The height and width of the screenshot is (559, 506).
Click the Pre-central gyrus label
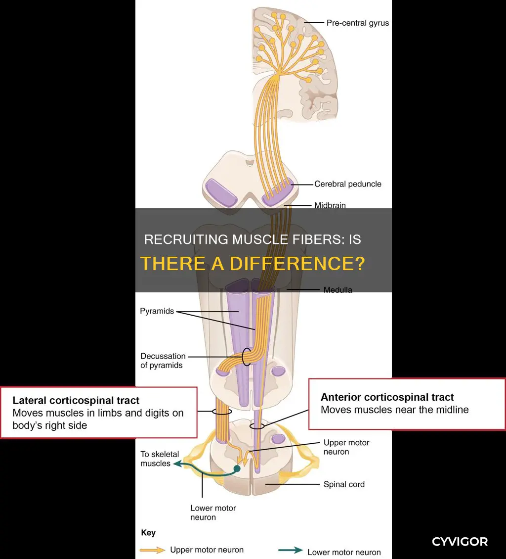pos(358,23)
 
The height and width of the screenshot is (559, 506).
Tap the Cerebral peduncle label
pos(347,184)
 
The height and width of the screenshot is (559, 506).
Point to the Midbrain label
pos(330,205)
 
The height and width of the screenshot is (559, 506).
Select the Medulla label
pos(337,290)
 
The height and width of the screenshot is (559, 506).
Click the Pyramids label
pos(157,311)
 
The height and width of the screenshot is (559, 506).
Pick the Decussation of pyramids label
pos(163,361)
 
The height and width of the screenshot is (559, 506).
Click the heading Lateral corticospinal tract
pos(76,400)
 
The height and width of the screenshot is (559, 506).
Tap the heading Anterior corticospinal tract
pos(387,397)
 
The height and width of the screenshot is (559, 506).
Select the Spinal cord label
pos(344,484)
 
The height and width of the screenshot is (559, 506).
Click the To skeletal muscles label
pos(160,459)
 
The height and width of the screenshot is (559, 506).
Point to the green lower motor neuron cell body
pos(237,468)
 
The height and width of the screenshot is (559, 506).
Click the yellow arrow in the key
pos(152,550)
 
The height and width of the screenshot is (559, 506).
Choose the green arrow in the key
pos(290,551)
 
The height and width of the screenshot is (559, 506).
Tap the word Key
pos(148,533)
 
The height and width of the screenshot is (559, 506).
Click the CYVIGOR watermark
pos(460,542)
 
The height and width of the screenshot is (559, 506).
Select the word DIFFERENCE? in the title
pos(297,264)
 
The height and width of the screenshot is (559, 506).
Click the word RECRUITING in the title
pos(186,239)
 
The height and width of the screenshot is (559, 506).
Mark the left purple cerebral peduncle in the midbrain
pos(221,192)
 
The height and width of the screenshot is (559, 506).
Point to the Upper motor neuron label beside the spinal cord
pos(346,447)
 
